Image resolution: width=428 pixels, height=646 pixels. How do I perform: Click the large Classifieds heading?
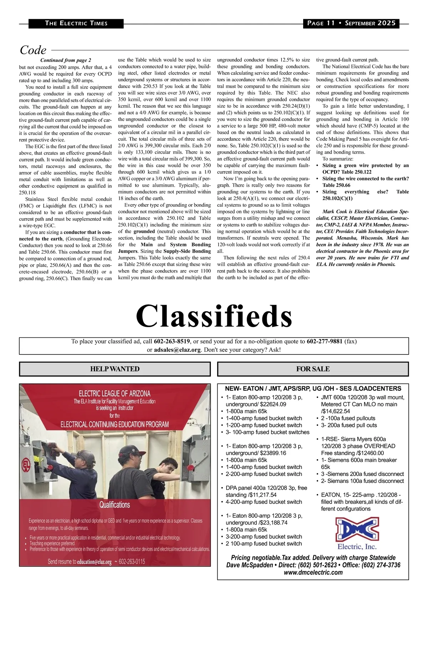click(x=214, y=316)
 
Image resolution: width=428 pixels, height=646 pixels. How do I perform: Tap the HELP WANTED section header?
click(x=114, y=369)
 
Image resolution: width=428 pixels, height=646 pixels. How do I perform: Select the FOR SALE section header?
click(x=313, y=369)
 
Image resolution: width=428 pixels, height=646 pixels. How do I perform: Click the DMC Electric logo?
click(x=357, y=533)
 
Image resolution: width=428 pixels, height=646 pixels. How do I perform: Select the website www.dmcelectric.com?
click(x=313, y=573)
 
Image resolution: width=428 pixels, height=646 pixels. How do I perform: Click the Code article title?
click(x=33, y=50)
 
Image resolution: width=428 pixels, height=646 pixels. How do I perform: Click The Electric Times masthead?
click(x=76, y=23)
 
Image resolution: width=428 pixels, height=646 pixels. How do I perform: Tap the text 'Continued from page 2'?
click(x=66, y=60)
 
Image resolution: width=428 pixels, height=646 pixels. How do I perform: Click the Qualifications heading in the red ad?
click(x=114, y=505)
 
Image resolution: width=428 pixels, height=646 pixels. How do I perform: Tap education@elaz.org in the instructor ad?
click(x=94, y=562)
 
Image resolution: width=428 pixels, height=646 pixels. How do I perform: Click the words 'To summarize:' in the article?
click(x=338, y=159)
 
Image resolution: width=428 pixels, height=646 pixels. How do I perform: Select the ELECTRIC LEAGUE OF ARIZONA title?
click(x=114, y=393)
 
